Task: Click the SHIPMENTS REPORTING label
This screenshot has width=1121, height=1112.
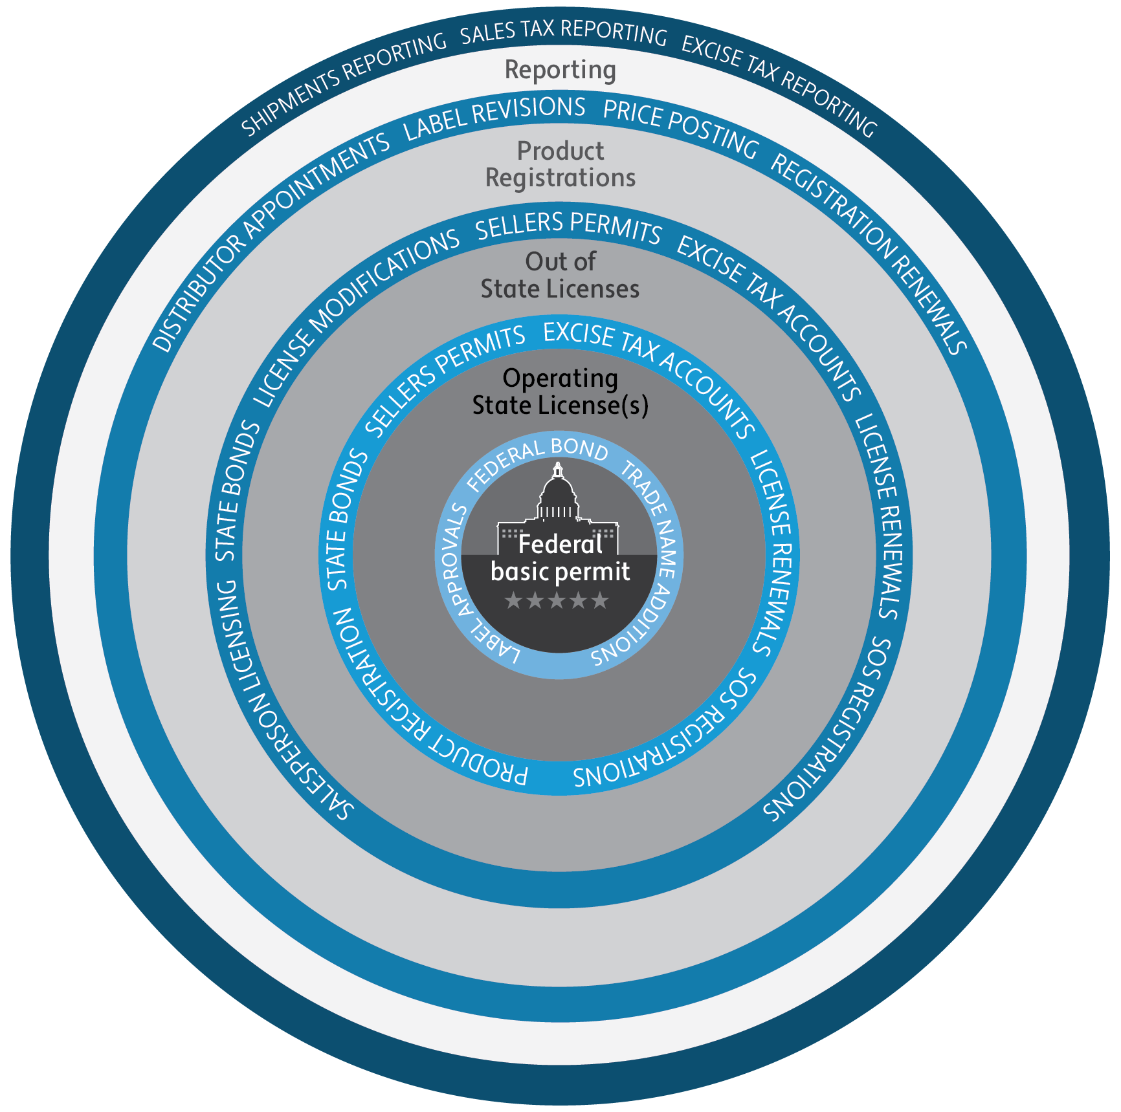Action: (x=344, y=83)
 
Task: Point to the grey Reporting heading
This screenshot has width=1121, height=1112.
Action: (x=560, y=70)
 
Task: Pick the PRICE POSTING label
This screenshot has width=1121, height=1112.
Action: (x=680, y=127)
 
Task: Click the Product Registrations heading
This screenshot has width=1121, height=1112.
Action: (x=560, y=164)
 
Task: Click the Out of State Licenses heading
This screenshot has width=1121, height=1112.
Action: (x=560, y=276)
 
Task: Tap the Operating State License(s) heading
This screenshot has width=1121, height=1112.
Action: (x=560, y=392)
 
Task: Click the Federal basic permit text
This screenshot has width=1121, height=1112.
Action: (x=560, y=558)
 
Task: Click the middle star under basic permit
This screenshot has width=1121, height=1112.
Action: (x=557, y=601)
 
